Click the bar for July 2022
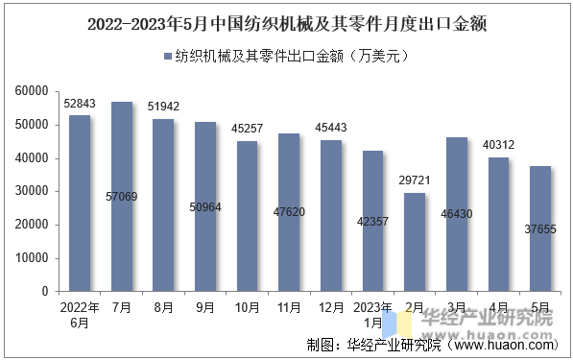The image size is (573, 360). point(121,196)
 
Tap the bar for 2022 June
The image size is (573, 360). point(79,203)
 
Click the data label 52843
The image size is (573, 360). point(80,103)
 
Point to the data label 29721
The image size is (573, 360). point(415,180)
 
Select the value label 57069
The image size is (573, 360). point(121,197)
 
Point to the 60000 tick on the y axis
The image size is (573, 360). point(33,91)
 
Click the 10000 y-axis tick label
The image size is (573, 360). point(33,258)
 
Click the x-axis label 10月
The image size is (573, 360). point(247,307)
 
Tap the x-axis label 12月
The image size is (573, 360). point(331,307)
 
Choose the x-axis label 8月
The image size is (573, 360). point(163,307)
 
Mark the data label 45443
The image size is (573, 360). point(331,128)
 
